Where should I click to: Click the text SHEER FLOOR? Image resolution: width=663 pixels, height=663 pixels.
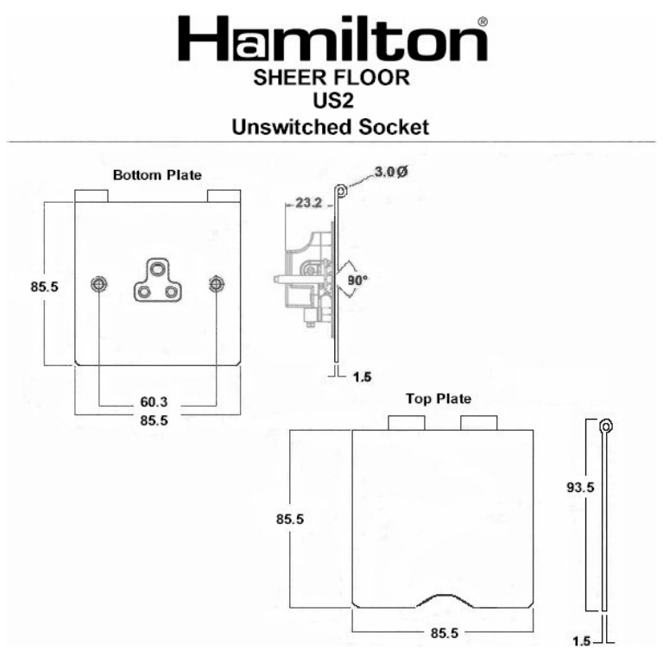tap(331, 79)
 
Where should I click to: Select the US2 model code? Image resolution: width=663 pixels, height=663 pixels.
tap(331, 103)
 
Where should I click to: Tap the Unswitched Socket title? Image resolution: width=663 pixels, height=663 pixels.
tap(331, 128)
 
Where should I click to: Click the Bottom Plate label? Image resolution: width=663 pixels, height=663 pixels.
tap(157, 174)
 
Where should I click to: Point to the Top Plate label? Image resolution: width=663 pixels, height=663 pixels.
tap(439, 399)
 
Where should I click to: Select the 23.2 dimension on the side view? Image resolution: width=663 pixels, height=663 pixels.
tap(308, 204)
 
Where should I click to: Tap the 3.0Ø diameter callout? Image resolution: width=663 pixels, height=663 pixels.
tap(390, 172)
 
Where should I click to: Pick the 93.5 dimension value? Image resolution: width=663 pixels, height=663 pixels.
tap(578, 487)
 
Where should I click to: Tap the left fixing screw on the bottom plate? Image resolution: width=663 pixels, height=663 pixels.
tap(99, 284)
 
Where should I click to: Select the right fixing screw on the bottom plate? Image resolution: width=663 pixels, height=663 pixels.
tap(216, 284)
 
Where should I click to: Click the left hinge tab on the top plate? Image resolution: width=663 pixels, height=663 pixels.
tap(407, 422)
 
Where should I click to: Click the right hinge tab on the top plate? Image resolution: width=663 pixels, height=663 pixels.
tap(478, 422)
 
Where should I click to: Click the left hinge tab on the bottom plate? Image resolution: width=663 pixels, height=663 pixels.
tap(92, 196)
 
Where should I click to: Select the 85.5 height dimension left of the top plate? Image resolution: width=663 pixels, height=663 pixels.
tap(294, 520)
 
